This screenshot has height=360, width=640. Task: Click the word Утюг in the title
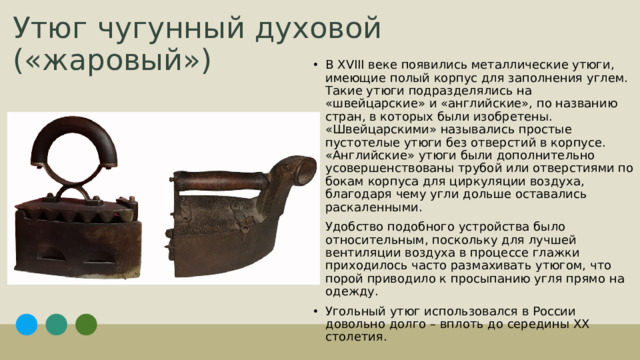pos(45,27)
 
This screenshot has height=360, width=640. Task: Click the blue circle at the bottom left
pos(27,325)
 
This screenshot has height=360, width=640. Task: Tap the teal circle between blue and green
pos(56,325)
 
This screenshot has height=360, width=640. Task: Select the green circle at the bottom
pos(86,325)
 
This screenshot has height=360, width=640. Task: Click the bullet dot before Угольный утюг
pos(315,312)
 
